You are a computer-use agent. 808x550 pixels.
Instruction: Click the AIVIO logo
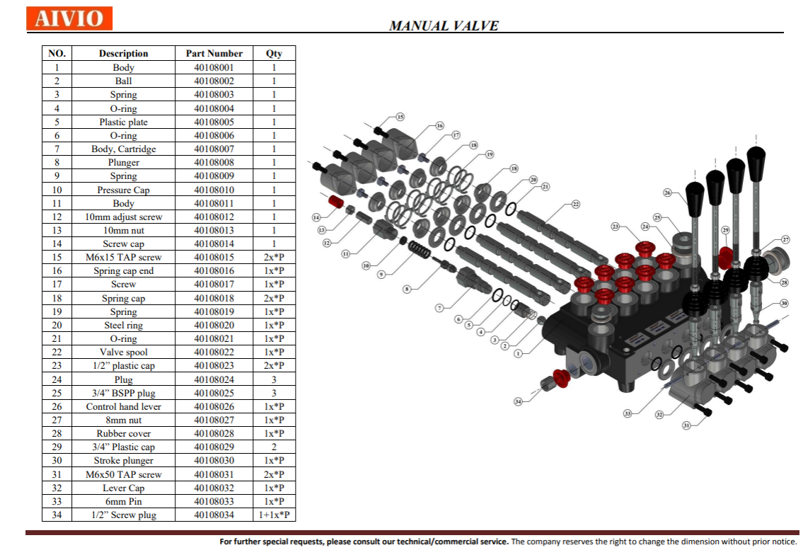tap(69, 18)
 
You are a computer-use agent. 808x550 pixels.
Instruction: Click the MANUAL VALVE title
tap(444, 25)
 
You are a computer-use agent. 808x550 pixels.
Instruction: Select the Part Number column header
tap(214, 53)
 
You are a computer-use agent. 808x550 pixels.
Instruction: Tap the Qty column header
tap(274, 53)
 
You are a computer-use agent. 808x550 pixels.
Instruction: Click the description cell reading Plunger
tap(124, 162)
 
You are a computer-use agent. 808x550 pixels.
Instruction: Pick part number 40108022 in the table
tap(214, 352)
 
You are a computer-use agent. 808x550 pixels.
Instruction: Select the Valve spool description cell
tap(124, 352)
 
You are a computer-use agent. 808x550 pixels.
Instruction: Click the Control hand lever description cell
tap(124, 406)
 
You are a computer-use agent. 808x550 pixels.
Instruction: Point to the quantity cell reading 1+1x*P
tap(274, 515)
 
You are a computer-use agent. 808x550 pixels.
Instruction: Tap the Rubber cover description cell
tap(124, 433)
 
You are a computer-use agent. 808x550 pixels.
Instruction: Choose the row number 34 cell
tap(57, 515)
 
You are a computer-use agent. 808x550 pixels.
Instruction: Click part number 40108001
tap(214, 67)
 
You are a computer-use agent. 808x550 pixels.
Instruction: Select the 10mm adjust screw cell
tap(124, 217)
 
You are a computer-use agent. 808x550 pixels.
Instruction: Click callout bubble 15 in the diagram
tap(400, 117)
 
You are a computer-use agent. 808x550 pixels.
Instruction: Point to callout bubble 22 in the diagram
tap(576, 204)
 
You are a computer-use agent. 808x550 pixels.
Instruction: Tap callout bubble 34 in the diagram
tap(518, 401)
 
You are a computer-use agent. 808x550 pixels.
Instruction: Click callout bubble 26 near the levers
tap(667, 193)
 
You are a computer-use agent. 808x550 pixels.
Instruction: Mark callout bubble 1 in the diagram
tap(518, 354)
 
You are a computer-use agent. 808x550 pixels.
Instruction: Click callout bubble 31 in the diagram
tap(686, 425)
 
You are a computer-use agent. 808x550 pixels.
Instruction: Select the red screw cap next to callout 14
tap(337, 202)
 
